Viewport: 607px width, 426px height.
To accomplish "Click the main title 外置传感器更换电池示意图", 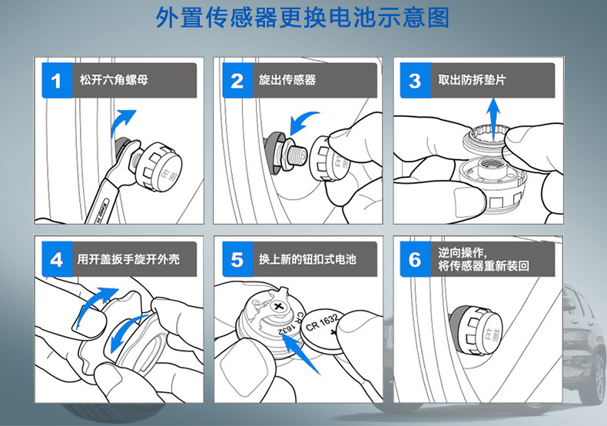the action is [x=302, y=18].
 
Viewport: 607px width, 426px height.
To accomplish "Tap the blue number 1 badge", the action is [x=57, y=81].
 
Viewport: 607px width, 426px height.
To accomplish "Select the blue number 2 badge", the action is [x=237, y=81].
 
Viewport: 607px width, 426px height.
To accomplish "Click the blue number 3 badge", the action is [x=415, y=81].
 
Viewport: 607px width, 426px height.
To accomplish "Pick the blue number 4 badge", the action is [x=57, y=259].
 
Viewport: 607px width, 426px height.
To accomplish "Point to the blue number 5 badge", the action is [x=237, y=259].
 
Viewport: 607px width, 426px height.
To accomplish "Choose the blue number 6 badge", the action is [x=415, y=259].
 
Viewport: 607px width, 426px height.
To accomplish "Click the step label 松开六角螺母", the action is [x=114, y=80].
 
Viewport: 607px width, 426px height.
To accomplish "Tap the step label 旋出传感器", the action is [x=287, y=80].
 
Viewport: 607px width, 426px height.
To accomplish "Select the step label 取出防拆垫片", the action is [x=472, y=80].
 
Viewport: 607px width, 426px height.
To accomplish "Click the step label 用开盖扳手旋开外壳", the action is [x=128, y=259].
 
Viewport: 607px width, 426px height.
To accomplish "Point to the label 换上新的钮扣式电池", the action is [x=307, y=259].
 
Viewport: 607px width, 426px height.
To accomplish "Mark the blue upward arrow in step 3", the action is [x=493, y=119].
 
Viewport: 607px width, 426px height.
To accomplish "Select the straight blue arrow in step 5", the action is [x=300, y=354].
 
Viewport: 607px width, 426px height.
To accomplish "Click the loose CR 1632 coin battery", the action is [x=323, y=330].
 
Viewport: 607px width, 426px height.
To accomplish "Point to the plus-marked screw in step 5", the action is [x=278, y=307].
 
